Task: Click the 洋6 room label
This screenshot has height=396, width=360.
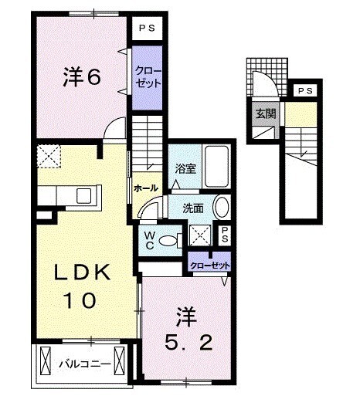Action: coord(80,76)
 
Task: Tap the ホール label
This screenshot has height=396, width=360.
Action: coord(146,188)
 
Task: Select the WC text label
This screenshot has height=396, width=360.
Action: coord(147,239)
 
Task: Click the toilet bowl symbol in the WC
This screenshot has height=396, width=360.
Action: coord(165,240)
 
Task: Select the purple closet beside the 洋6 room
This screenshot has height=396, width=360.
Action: coord(144,77)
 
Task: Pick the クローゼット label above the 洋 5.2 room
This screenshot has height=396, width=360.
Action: coord(211,266)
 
